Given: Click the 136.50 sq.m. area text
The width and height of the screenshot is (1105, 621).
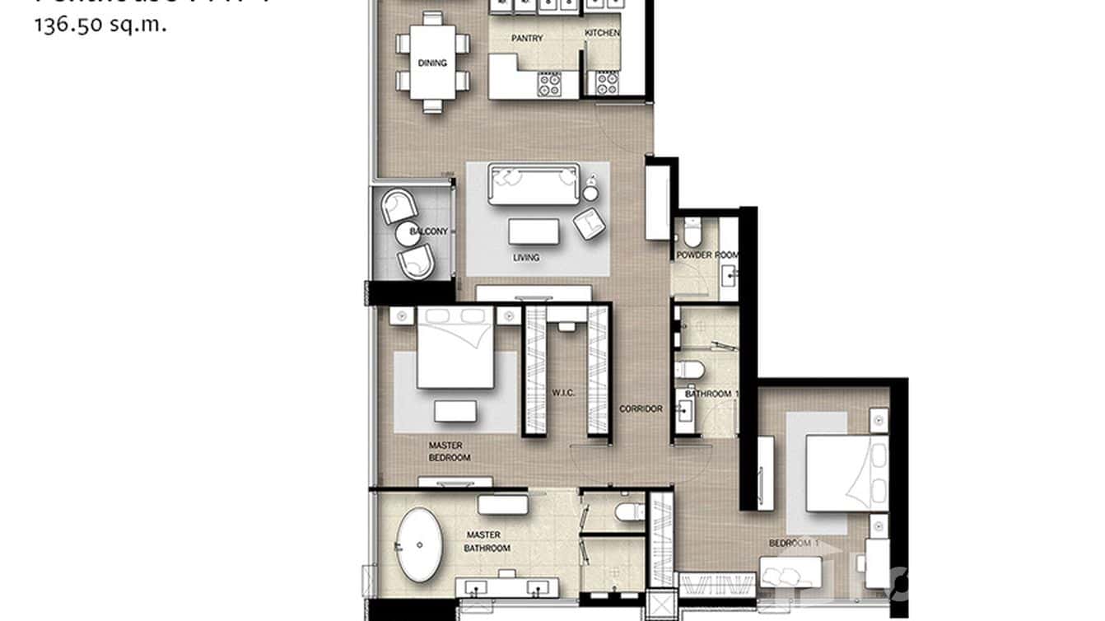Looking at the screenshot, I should pos(100,25).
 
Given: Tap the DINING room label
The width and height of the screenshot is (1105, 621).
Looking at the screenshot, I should pos(432,63).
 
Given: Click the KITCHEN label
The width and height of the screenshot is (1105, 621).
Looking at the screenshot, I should pos(602,34).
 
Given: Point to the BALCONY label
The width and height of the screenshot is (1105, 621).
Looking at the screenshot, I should pos(428,232).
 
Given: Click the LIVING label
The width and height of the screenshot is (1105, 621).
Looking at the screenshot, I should pos(526,258).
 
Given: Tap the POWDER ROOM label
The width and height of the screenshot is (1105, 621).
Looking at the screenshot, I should pos(706,255).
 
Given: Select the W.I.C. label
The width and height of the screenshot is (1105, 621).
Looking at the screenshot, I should pos(563,392).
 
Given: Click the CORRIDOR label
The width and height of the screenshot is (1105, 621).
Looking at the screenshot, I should pos(641,409).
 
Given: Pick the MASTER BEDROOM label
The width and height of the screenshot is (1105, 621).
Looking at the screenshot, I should pos(450,451).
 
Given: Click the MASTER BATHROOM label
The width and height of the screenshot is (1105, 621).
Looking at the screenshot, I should pos(487,541).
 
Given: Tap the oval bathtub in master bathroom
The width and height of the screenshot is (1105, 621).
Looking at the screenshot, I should pos(420,544).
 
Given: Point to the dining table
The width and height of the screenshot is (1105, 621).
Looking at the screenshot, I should pos(433,63).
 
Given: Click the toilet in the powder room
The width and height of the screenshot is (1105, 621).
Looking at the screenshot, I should pos(691,233).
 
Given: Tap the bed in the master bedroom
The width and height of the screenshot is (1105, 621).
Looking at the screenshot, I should pos(455,348).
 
